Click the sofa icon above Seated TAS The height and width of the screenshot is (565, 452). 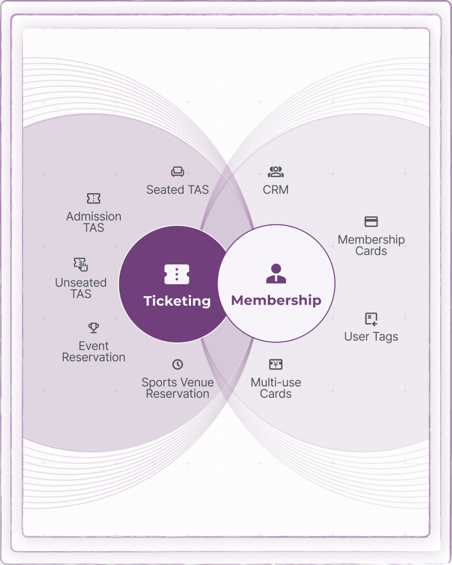(x=177, y=172)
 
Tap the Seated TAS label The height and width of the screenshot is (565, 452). (x=177, y=189)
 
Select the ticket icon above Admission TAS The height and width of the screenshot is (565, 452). (x=93, y=198)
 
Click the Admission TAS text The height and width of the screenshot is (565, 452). (x=94, y=222)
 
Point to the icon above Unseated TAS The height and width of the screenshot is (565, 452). (x=81, y=264)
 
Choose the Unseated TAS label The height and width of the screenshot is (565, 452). (x=81, y=288)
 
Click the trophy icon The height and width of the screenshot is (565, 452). (x=94, y=328)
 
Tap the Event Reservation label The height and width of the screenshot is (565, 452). (x=94, y=351)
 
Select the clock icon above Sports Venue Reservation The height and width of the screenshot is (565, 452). (x=177, y=364)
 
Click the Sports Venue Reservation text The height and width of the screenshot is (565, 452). (x=177, y=388)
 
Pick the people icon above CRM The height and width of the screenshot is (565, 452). (x=276, y=172)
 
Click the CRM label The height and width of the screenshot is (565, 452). (x=276, y=189)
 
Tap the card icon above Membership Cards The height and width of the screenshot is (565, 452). (x=371, y=221)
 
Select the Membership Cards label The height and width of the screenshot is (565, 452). (x=371, y=245)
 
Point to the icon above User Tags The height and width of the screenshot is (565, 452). (x=371, y=319)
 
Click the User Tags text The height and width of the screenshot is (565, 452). (x=371, y=337)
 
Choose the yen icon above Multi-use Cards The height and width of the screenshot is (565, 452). (x=276, y=364)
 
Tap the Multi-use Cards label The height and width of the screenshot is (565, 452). (x=276, y=388)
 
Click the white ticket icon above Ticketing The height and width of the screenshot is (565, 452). (x=177, y=274)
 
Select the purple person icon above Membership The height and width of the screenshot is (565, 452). (x=276, y=273)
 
